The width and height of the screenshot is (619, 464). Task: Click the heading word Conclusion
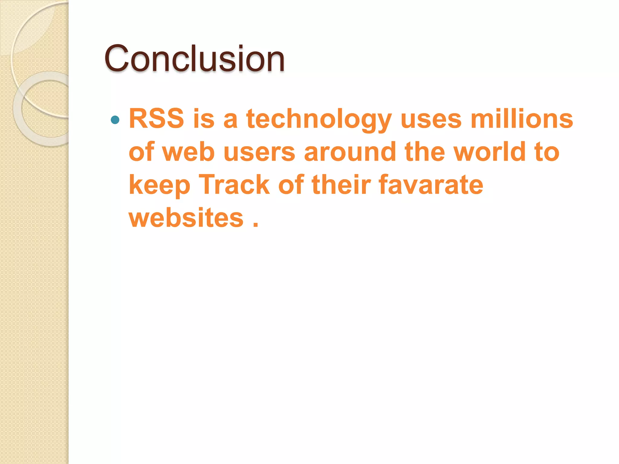click(x=194, y=58)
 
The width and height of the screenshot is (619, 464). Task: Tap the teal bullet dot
click(x=115, y=120)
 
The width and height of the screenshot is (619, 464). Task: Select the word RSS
click(x=156, y=118)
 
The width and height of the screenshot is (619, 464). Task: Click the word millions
click(x=522, y=118)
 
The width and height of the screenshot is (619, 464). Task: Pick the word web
click(x=189, y=151)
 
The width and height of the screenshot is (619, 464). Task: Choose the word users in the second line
click(x=259, y=152)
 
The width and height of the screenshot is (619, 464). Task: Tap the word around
click(x=350, y=151)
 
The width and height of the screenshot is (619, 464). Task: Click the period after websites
click(x=256, y=225)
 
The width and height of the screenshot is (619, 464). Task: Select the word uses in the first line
click(x=431, y=119)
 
